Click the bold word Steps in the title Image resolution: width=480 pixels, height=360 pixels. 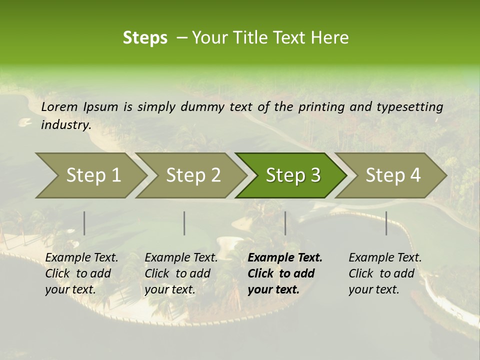pos(145,38)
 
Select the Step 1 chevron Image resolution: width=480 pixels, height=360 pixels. pos(90,175)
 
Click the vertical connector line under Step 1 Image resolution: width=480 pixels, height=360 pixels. pos(84,223)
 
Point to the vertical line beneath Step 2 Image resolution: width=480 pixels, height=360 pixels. pos(184,223)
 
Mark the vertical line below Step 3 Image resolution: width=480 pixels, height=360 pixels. pos(285,223)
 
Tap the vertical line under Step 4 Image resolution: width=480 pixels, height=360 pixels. pos(386,223)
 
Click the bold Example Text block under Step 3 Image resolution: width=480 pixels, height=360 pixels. pos(284,273)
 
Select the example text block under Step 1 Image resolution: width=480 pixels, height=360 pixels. pos(81,273)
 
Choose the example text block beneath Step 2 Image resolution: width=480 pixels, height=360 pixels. pos(181,273)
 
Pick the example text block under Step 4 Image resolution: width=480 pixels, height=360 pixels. pos(385,273)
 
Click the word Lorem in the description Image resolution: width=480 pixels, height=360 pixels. pos(59,106)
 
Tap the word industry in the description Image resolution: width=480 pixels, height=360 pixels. pos(66,125)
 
